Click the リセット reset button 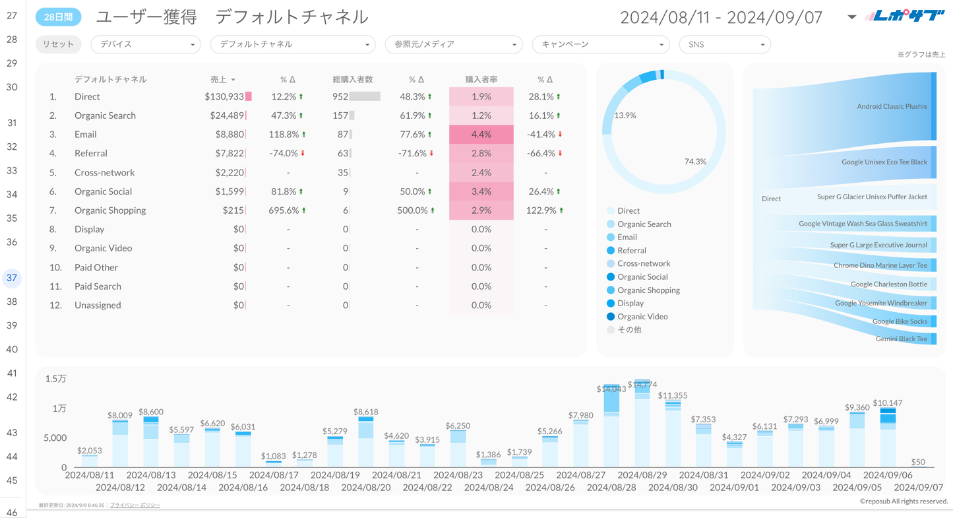(x=58, y=44)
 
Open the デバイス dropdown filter (x=145, y=44)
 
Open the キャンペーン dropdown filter (x=600, y=44)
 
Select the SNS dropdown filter (x=724, y=44)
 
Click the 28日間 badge (x=58, y=17)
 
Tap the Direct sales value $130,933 (x=224, y=96)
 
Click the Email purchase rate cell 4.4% (x=481, y=134)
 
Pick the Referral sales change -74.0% (x=284, y=153)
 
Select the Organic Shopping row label (x=110, y=210)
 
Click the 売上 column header (x=219, y=79)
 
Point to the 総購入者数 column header (x=353, y=79)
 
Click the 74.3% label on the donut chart (x=695, y=162)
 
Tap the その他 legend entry (x=629, y=329)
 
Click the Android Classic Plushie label (x=892, y=106)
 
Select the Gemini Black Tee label (x=901, y=339)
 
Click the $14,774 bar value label (x=642, y=384)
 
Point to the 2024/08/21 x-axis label (x=398, y=475)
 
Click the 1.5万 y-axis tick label (x=55, y=379)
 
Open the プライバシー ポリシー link (x=135, y=505)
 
